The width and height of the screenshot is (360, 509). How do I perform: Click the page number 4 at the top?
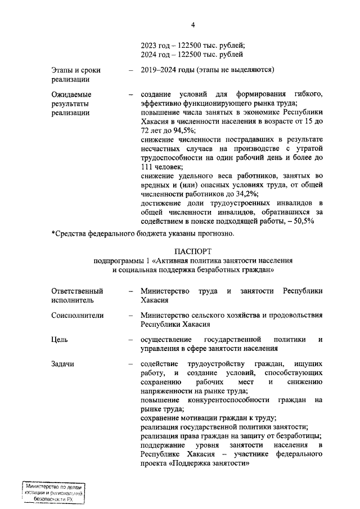pyautogui.click(x=192, y=25)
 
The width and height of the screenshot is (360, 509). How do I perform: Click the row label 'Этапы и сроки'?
pyautogui.click(x=76, y=70)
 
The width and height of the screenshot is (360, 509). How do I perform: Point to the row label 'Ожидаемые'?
pyautogui.click(x=71, y=94)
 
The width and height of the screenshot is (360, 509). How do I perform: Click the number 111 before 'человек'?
pyautogui.click(x=147, y=167)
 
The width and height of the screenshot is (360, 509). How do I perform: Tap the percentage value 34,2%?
pyautogui.click(x=239, y=194)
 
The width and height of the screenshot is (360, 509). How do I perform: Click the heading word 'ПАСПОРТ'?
pyautogui.click(x=193, y=250)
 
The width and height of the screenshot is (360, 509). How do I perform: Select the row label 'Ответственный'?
pyautogui.click(x=77, y=291)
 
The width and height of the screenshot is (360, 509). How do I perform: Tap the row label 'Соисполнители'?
pyautogui.click(x=78, y=316)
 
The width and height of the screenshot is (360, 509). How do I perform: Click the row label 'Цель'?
pyautogui.click(x=60, y=340)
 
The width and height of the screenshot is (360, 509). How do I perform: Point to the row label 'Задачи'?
pyautogui.click(x=63, y=364)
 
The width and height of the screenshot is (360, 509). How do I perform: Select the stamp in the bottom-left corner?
pyautogui.click(x=53, y=493)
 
